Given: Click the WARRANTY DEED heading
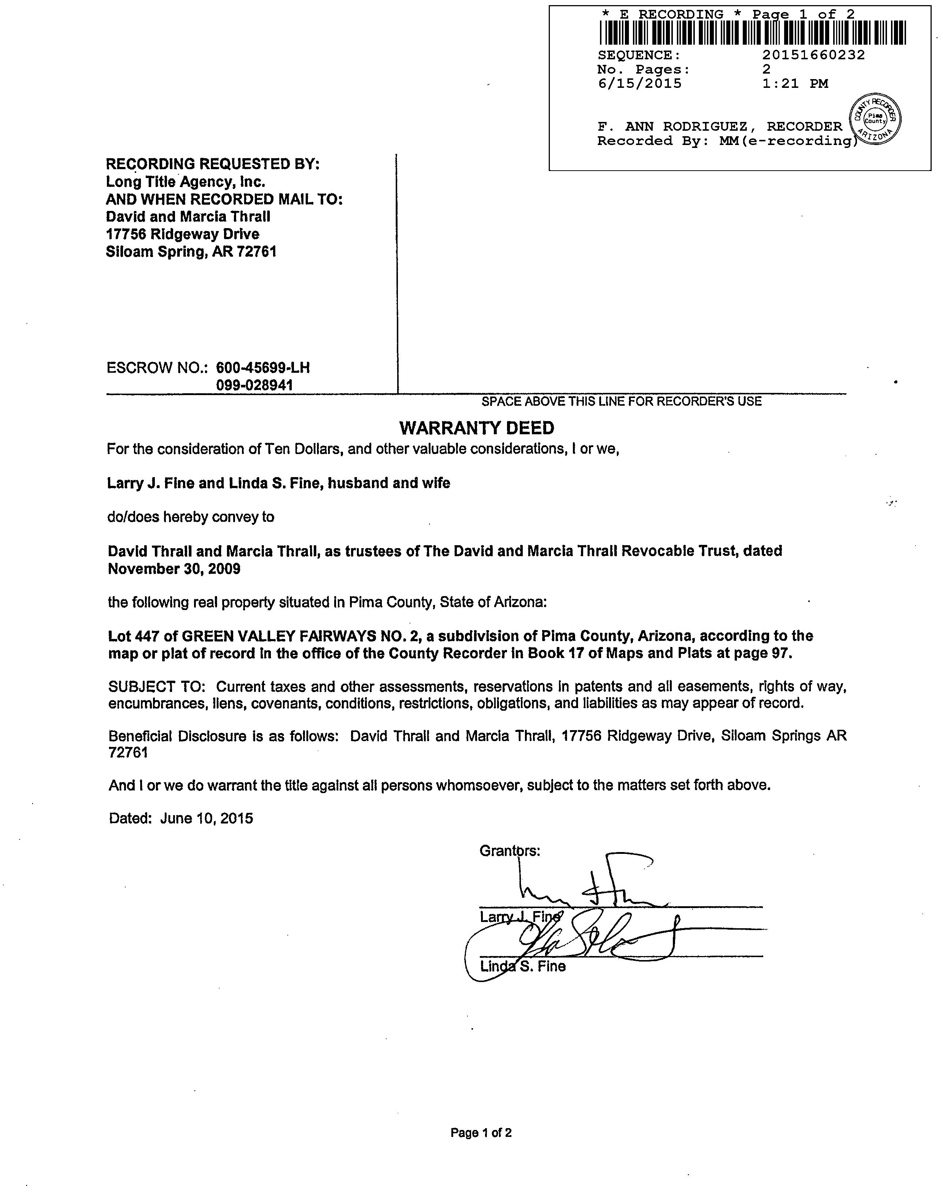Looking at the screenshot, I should [x=477, y=428].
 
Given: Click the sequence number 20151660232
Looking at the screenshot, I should [x=813, y=55].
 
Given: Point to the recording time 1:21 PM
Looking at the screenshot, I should [x=795, y=83].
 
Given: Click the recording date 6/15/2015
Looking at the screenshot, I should [x=639, y=83].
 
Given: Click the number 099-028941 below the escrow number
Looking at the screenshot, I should [x=254, y=386].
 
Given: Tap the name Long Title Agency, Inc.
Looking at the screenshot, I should [x=186, y=182].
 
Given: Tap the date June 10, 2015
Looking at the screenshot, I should [x=206, y=818].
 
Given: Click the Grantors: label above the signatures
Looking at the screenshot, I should [x=510, y=851].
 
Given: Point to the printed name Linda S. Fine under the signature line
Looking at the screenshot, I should [x=522, y=966].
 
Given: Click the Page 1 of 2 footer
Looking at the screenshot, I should [x=481, y=1133].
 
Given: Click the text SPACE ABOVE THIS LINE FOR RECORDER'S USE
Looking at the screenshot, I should [x=621, y=401].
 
